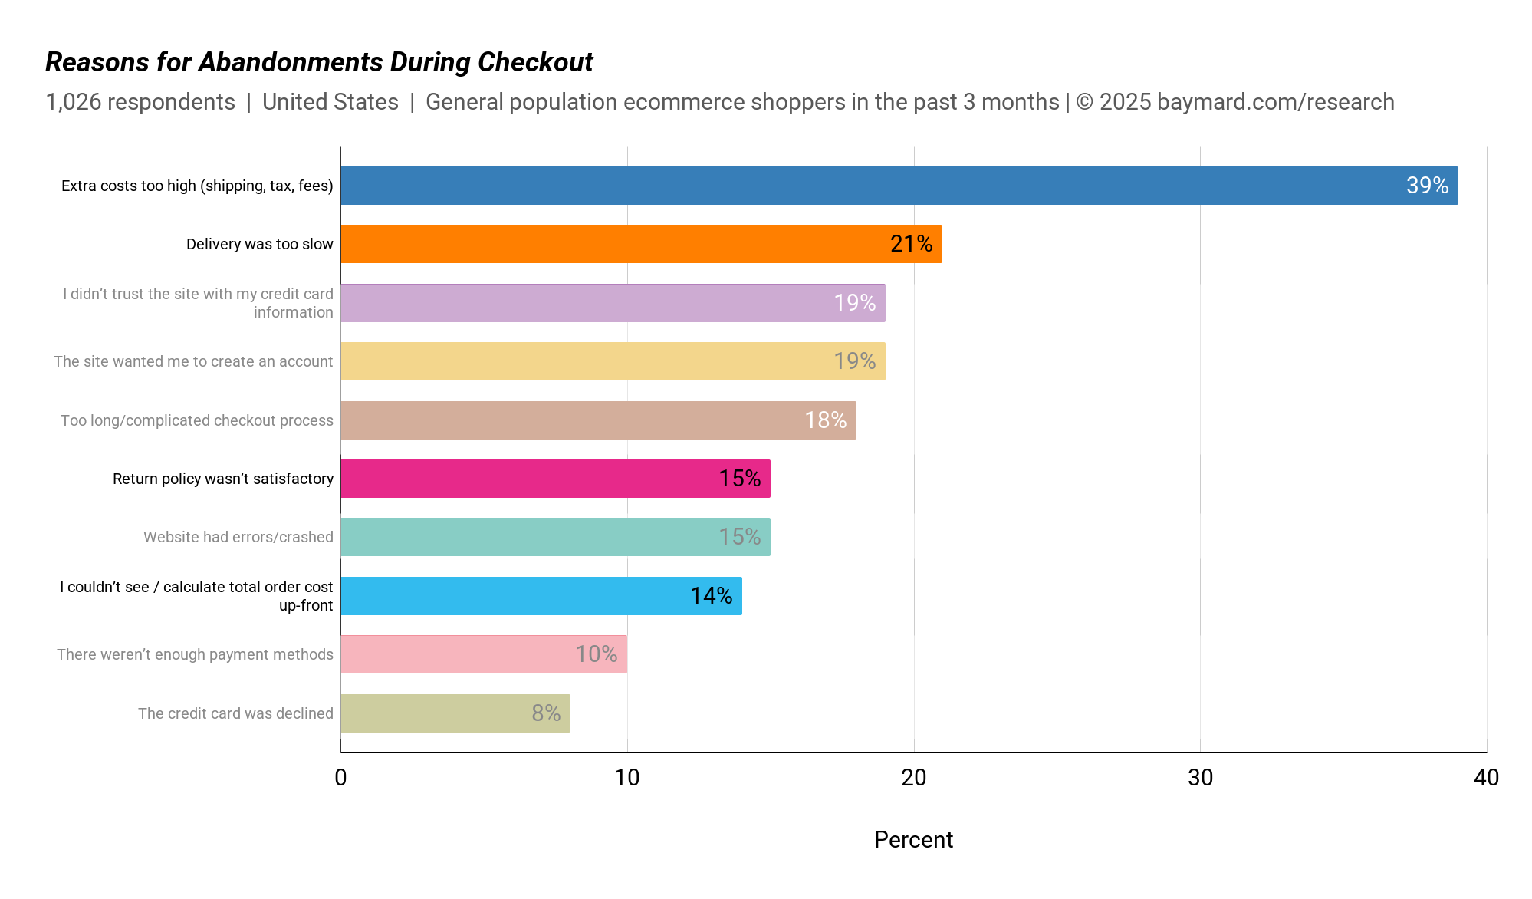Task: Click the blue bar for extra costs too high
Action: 899,186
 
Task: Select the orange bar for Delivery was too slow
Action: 641,244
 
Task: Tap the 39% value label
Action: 1427,186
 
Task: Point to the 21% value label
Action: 911,244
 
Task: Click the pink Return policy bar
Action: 555,479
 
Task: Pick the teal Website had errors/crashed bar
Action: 555,537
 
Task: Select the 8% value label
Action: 546,713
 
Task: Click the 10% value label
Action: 596,654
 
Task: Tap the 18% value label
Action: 825,420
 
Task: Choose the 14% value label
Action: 711,596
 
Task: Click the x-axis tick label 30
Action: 1200,778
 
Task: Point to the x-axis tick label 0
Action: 340,778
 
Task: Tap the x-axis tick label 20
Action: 913,778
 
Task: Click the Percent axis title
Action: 913,840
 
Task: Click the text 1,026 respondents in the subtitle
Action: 140,102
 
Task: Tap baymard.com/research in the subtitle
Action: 1275,102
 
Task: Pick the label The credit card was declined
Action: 235,713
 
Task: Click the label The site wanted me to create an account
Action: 193,361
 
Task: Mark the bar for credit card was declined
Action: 455,713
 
